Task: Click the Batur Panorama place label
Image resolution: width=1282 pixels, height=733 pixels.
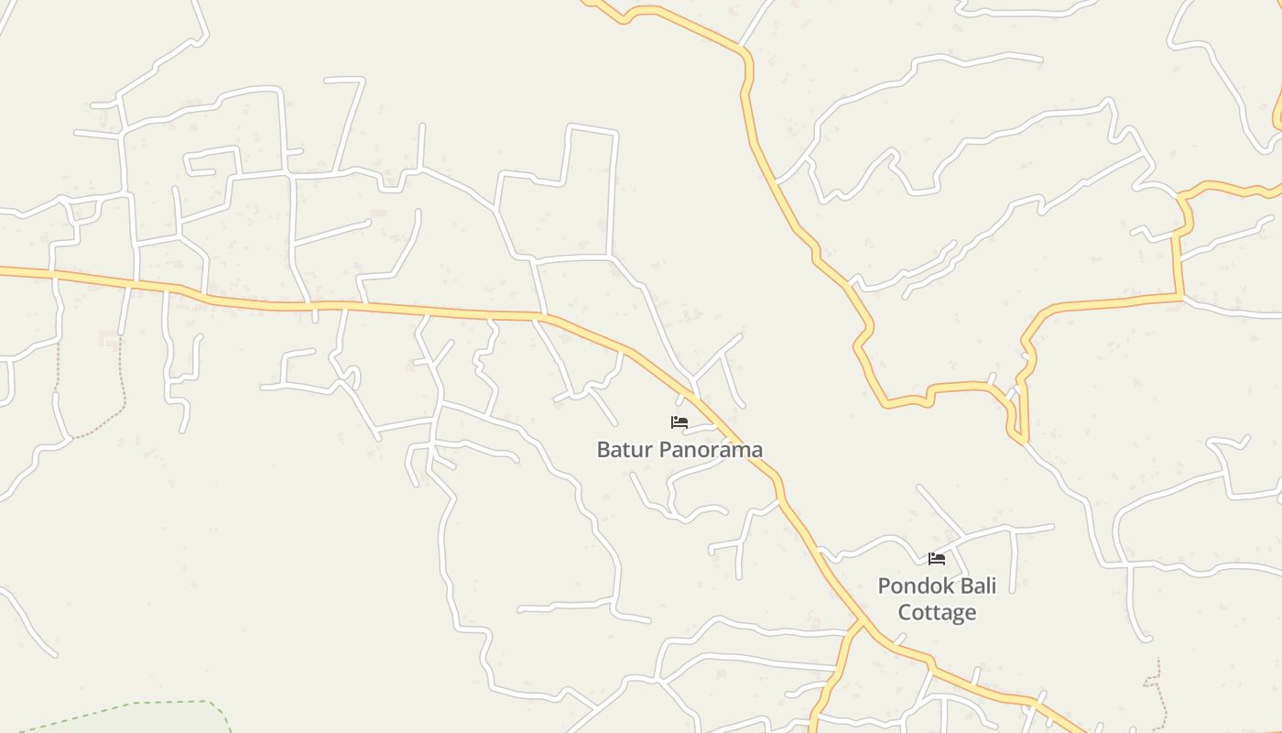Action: (679, 450)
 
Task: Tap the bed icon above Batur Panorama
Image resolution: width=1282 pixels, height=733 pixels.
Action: (679, 422)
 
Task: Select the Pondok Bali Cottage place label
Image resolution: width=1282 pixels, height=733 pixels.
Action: (937, 598)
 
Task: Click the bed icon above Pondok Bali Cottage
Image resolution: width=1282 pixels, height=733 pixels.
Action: (937, 558)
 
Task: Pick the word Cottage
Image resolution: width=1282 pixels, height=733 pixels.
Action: (937, 612)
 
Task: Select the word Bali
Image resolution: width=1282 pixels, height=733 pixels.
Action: (974, 585)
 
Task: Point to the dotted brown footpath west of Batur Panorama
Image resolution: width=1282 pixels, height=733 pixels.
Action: (120, 385)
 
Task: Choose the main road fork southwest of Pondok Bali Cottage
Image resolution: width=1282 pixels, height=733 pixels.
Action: (860, 623)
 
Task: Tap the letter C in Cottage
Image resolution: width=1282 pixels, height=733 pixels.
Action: (905, 612)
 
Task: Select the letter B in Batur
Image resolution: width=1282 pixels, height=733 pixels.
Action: (603, 450)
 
